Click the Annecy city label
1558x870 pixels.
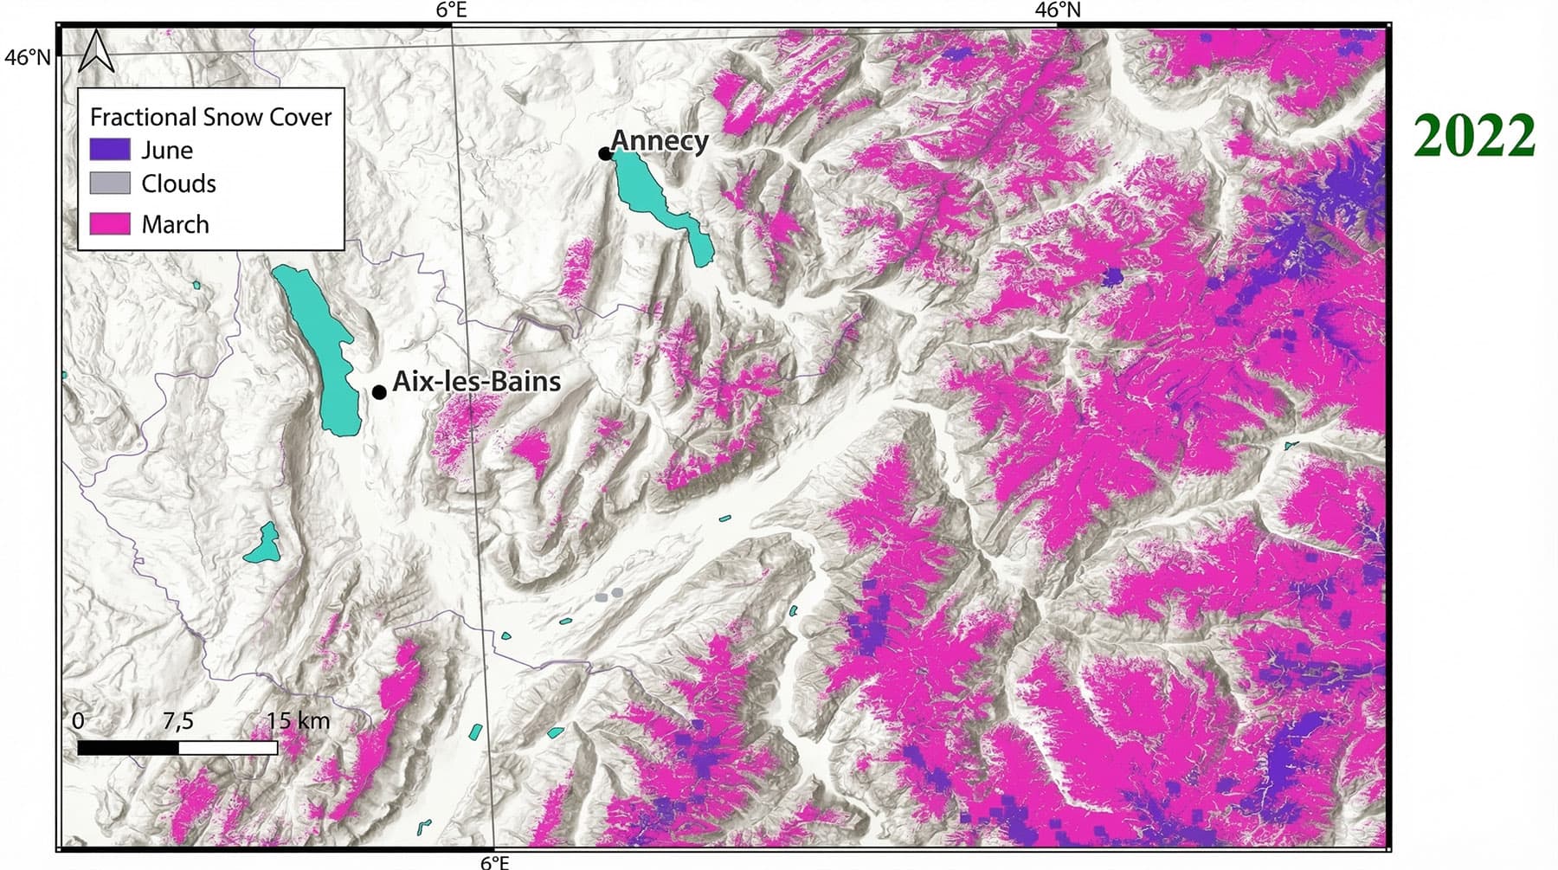click(x=660, y=140)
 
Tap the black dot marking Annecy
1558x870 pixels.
click(x=604, y=154)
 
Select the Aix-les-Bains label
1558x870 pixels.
click(x=476, y=381)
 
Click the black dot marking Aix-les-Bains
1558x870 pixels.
click(x=379, y=392)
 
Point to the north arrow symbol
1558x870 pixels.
click(x=96, y=52)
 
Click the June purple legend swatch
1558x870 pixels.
click(x=110, y=150)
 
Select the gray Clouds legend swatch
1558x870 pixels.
click(x=110, y=184)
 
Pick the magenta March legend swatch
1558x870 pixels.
click(x=110, y=224)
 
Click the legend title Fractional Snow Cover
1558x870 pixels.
click(x=210, y=117)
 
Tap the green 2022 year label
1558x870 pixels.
click(x=1474, y=137)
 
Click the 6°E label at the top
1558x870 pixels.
click(x=451, y=10)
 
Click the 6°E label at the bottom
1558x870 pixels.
click(x=495, y=861)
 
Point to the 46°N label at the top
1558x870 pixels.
click(x=1058, y=10)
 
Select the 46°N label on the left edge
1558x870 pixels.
click(x=27, y=57)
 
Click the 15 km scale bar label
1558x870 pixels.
click(x=298, y=720)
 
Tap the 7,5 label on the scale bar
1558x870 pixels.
click(x=178, y=720)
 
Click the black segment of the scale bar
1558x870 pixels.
click(x=128, y=747)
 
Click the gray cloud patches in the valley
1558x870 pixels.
click(x=608, y=595)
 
